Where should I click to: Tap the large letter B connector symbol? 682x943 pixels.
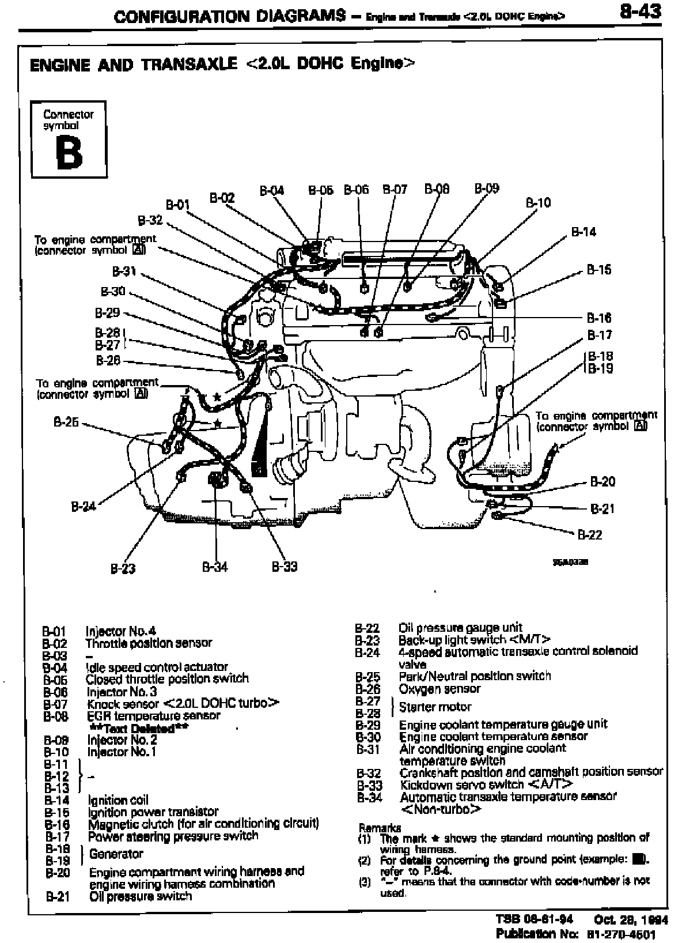coord(69,153)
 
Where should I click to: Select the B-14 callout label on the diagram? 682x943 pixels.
coord(583,232)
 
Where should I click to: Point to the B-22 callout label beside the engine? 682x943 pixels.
coord(590,535)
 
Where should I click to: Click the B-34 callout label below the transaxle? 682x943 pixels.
coord(215,567)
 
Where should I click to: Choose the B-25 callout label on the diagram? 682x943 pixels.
coord(66,422)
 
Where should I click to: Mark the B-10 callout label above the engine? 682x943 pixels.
coord(538,202)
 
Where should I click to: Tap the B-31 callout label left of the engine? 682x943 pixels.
coord(124,271)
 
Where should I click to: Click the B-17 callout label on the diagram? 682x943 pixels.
coord(600,335)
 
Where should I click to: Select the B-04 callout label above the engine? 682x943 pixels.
coord(271,190)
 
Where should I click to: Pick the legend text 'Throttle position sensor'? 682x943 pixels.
coord(149,643)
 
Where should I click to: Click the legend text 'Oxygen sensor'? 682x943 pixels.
coord(439,689)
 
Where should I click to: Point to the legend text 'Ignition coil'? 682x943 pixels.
coord(118,800)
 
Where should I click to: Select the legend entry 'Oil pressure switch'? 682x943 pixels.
coord(141,896)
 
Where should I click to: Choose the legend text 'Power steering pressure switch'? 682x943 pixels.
coord(173,836)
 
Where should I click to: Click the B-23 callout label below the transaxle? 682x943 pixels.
coord(123,569)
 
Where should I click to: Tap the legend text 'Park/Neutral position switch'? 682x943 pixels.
coord(475,676)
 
